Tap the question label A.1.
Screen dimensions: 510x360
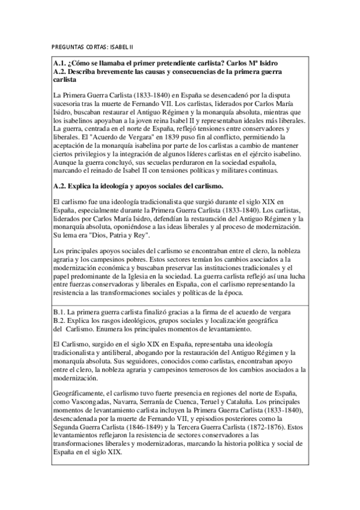(x=59, y=63)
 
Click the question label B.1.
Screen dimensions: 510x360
(x=59, y=313)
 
